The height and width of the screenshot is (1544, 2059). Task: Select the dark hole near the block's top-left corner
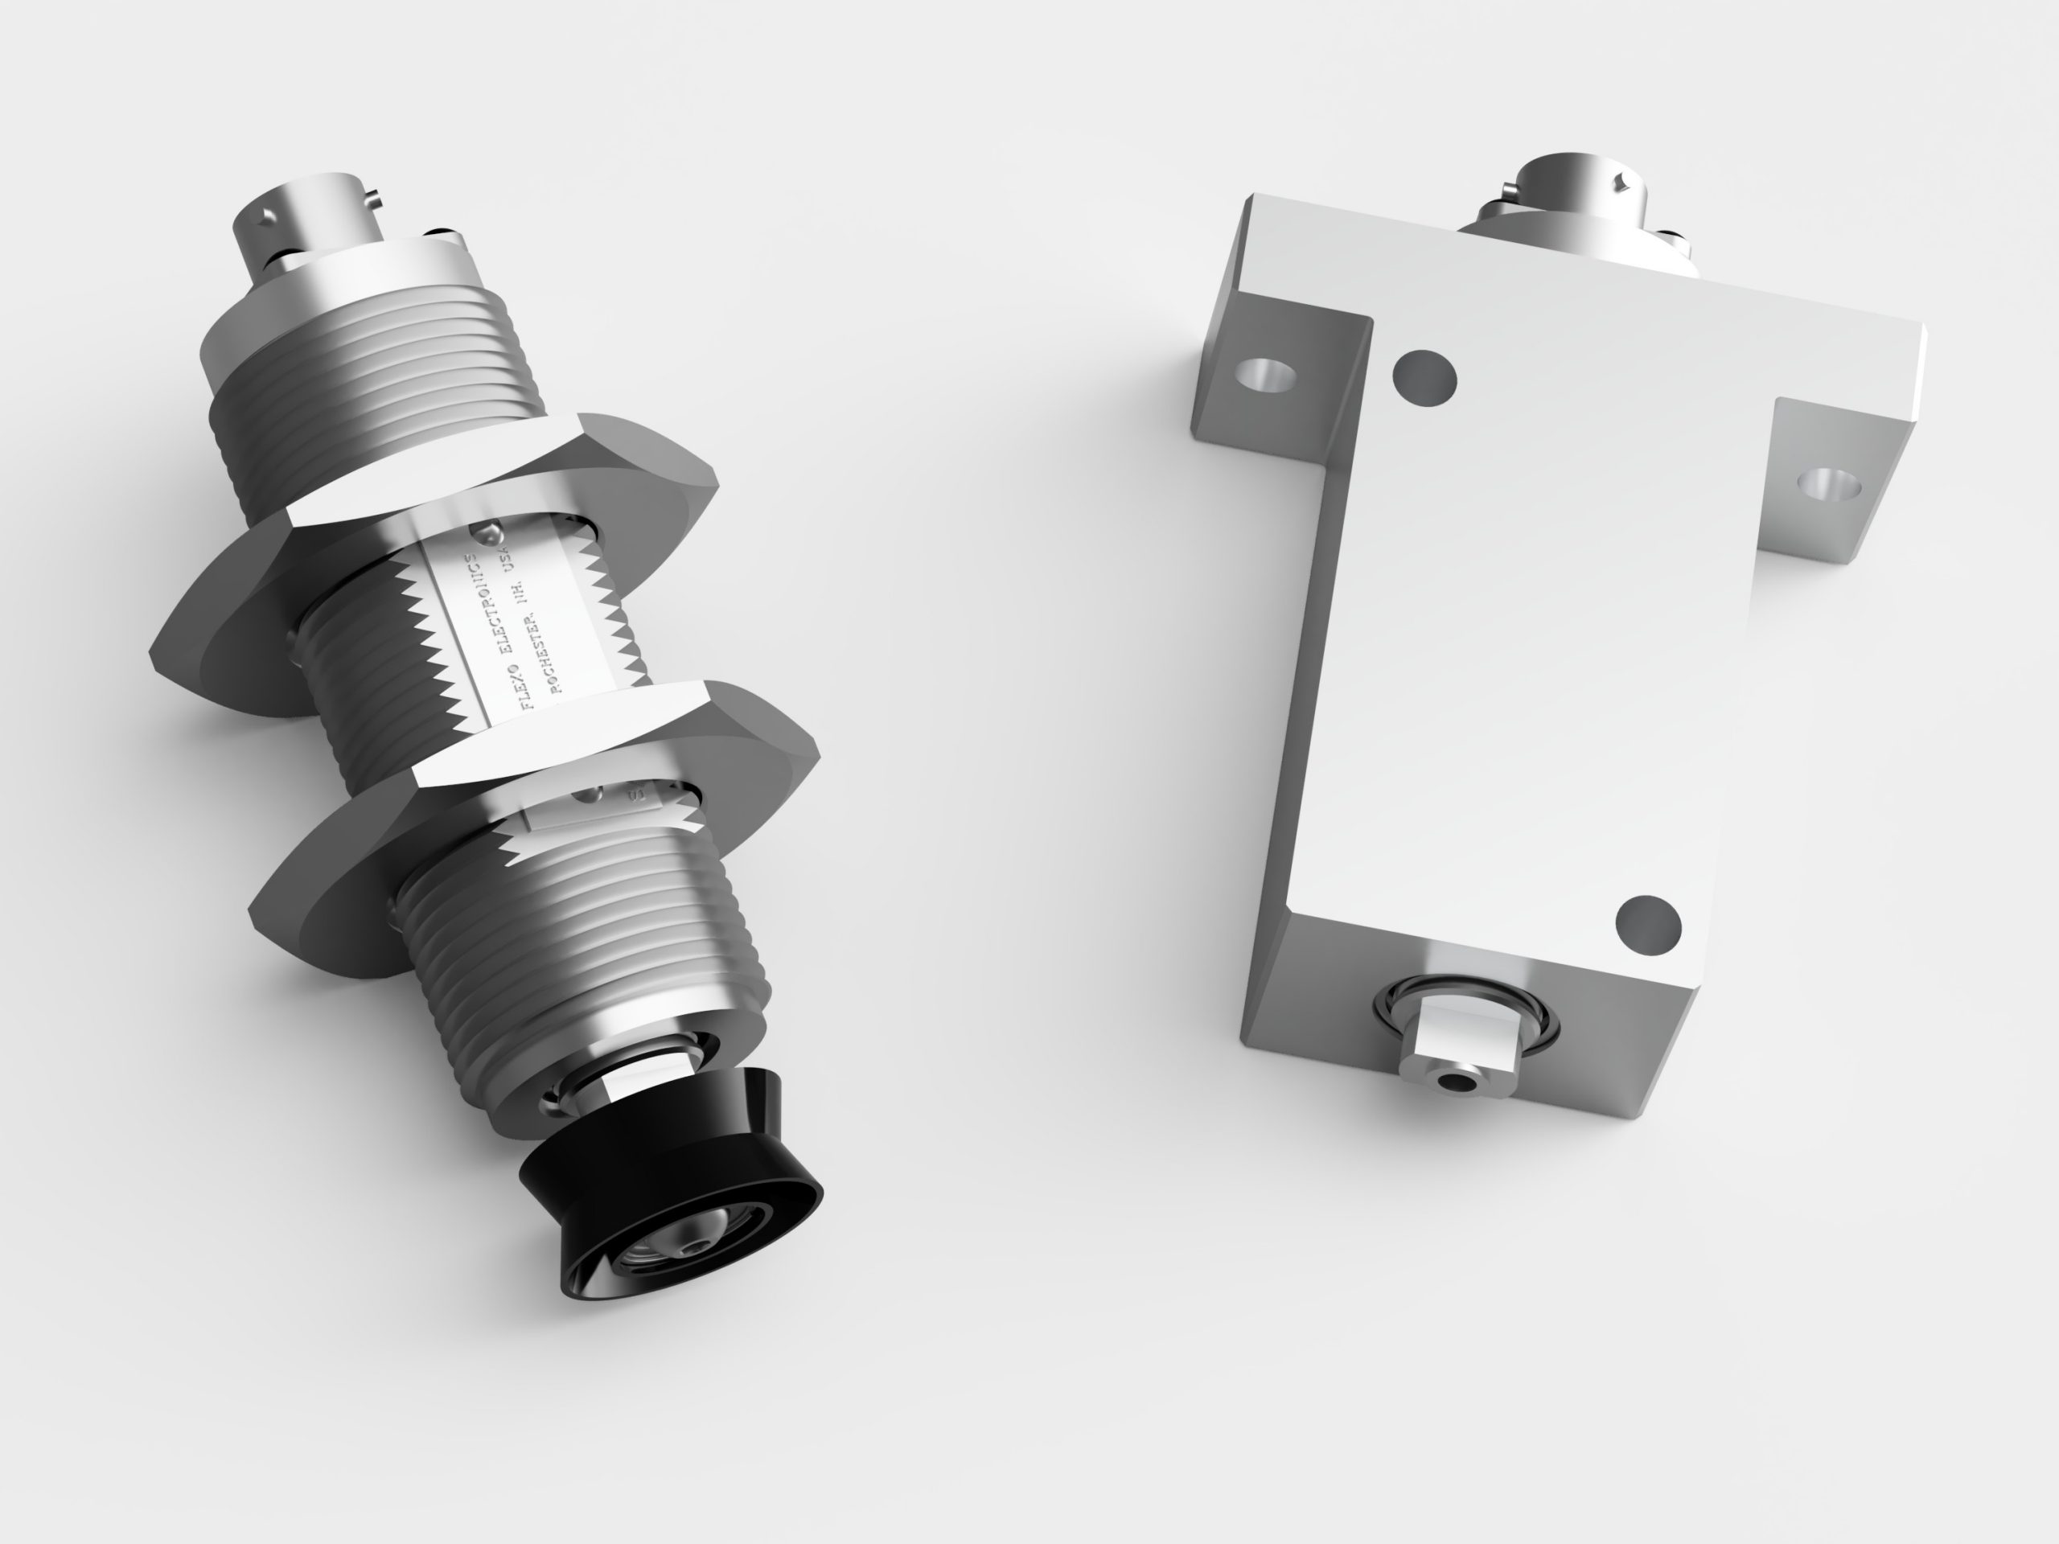1424,378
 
